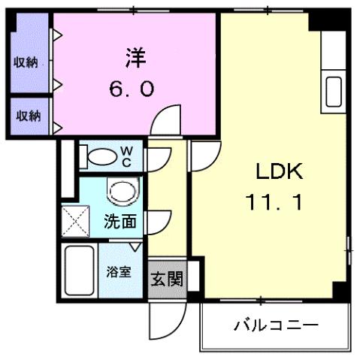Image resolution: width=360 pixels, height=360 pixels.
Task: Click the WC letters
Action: tap(127, 156)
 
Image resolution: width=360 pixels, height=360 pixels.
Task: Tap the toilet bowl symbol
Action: tap(100, 156)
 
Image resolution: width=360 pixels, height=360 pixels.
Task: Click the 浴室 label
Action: tap(119, 272)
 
